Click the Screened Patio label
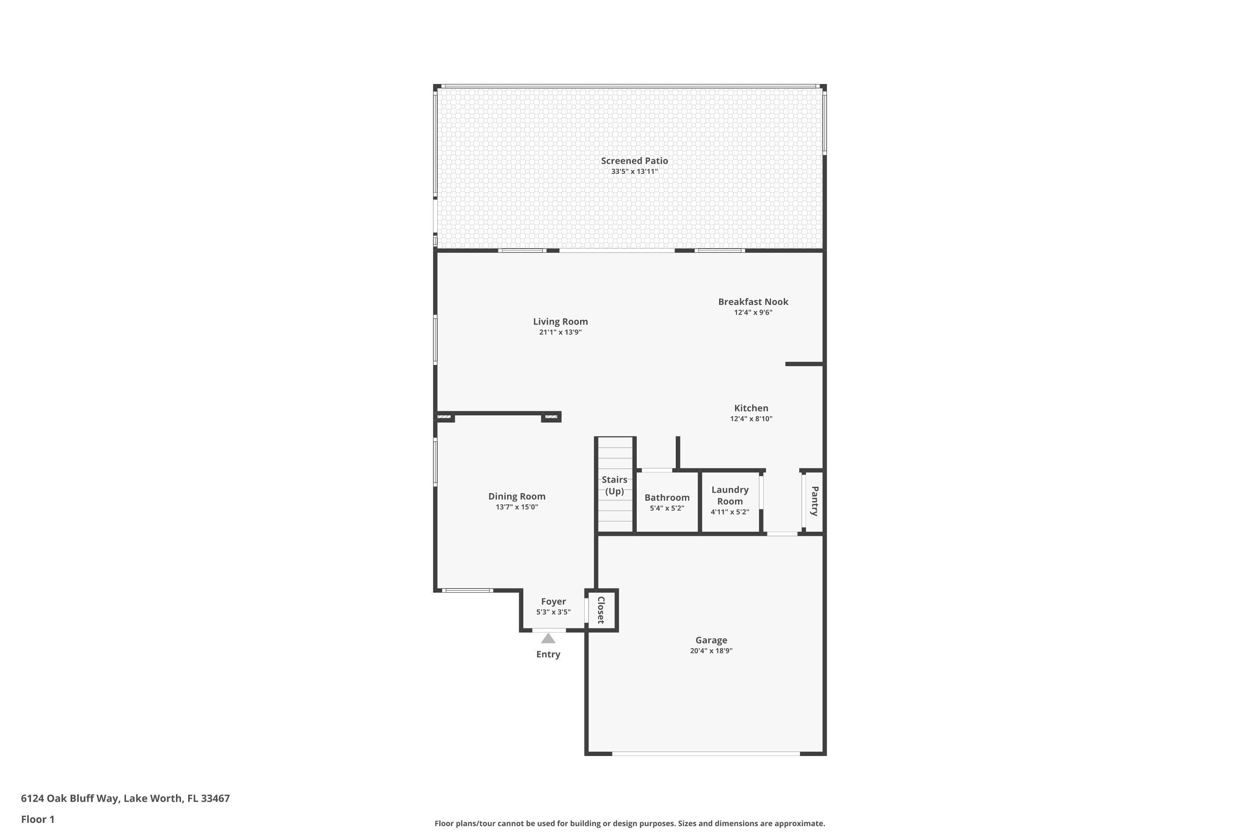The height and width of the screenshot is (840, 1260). [634, 161]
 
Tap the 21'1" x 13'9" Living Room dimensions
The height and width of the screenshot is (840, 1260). [560, 332]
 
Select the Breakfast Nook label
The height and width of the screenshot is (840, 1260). [753, 302]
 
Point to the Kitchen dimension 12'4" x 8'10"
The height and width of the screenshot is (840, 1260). [751, 419]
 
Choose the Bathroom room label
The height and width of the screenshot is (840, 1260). [667, 497]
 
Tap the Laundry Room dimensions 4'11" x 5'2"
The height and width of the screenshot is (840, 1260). [730, 512]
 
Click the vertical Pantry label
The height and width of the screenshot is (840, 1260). [814, 501]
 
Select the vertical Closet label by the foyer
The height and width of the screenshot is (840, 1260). [601, 610]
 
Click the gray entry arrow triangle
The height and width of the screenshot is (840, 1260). [548, 638]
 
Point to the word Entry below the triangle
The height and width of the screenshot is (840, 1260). [548, 654]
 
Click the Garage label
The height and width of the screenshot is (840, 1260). [711, 640]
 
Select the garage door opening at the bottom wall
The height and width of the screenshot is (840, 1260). [706, 754]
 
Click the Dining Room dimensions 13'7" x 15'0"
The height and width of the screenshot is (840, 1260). [517, 507]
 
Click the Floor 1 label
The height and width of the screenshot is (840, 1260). [37, 819]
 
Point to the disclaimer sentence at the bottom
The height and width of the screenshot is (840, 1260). [630, 823]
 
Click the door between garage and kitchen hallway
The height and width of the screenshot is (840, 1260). [782, 533]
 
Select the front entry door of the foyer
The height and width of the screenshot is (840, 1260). [549, 630]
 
